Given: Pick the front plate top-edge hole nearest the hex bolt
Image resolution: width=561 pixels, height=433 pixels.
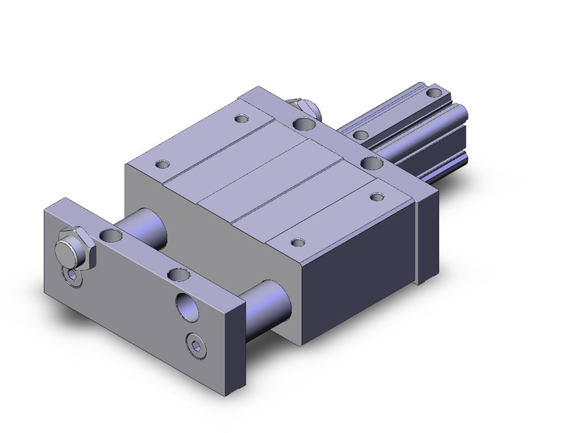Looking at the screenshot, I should coord(111,236).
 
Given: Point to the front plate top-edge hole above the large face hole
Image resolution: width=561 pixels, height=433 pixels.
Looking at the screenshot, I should coord(178,274).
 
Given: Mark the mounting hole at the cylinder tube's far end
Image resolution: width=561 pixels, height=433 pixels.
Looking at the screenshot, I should coord(434,94).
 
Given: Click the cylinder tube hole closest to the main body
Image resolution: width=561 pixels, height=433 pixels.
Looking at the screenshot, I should coord(361,135).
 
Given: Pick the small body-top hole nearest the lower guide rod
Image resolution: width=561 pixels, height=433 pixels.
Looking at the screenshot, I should coord(297,242).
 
